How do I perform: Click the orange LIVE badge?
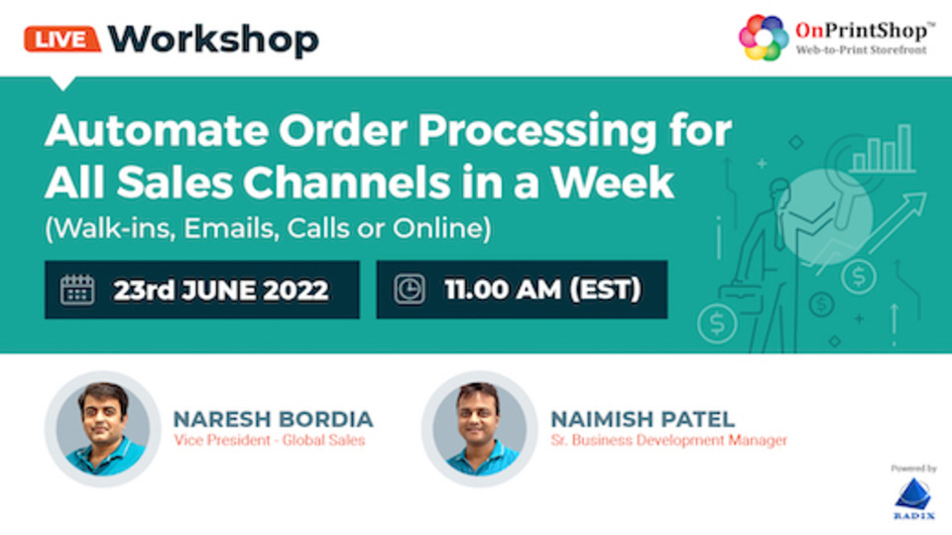tap(61, 40)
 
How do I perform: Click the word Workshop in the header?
tap(213, 40)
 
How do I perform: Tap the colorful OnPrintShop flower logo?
tap(764, 38)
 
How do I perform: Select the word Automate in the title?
tap(157, 131)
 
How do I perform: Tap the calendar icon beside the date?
tap(77, 290)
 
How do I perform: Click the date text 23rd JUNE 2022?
tap(220, 290)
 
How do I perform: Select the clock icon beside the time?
tap(410, 290)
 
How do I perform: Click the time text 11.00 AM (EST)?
tap(542, 290)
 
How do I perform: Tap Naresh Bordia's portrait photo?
tap(103, 429)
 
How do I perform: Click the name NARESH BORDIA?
tap(274, 420)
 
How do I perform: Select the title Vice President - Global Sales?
tap(270, 440)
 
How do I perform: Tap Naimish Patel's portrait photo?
tap(480, 429)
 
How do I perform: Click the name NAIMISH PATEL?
tap(643, 420)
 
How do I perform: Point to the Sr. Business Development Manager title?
tap(668, 440)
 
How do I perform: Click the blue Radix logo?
tap(913, 498)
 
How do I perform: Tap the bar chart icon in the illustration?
tap(883, 149)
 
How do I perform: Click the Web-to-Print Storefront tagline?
tap(862, 50)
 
